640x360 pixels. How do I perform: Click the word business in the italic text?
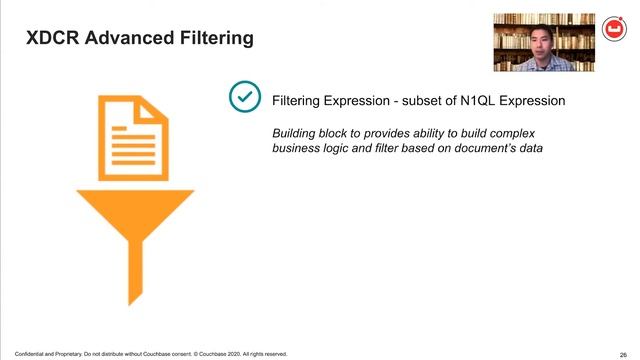299,148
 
